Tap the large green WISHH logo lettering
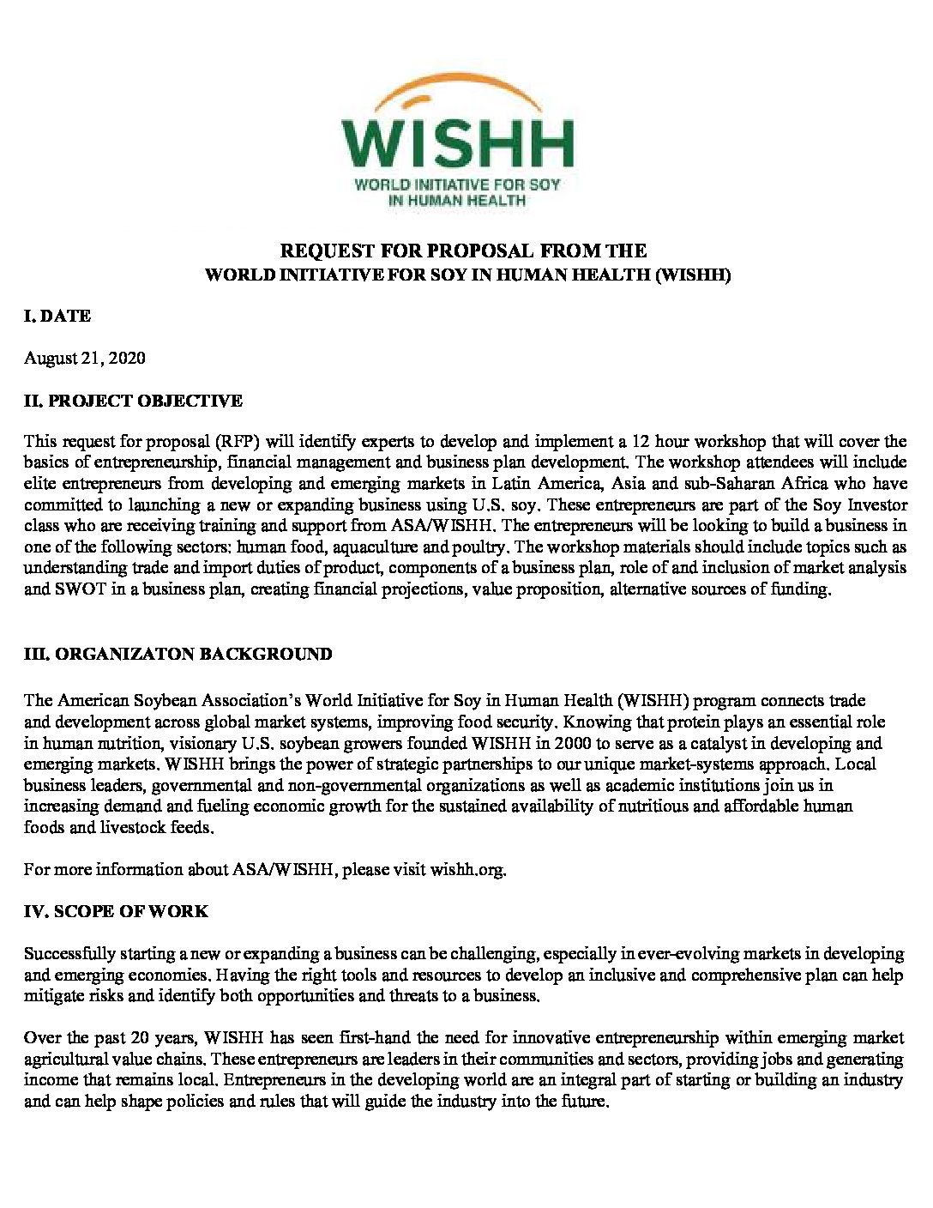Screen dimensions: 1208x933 [457, 144]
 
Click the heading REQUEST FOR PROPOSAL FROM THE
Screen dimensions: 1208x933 [464, 251]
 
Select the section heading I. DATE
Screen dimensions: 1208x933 [57, 316]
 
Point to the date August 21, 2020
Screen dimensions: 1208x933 [84, 358]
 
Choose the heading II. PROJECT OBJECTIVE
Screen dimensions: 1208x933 [133, 401]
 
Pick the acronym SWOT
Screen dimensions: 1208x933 [76, 589]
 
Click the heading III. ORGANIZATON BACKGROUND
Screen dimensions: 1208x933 [178, 654]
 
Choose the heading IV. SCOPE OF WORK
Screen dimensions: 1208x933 [116, 911]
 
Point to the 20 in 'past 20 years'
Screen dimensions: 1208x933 [182, 1038]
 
